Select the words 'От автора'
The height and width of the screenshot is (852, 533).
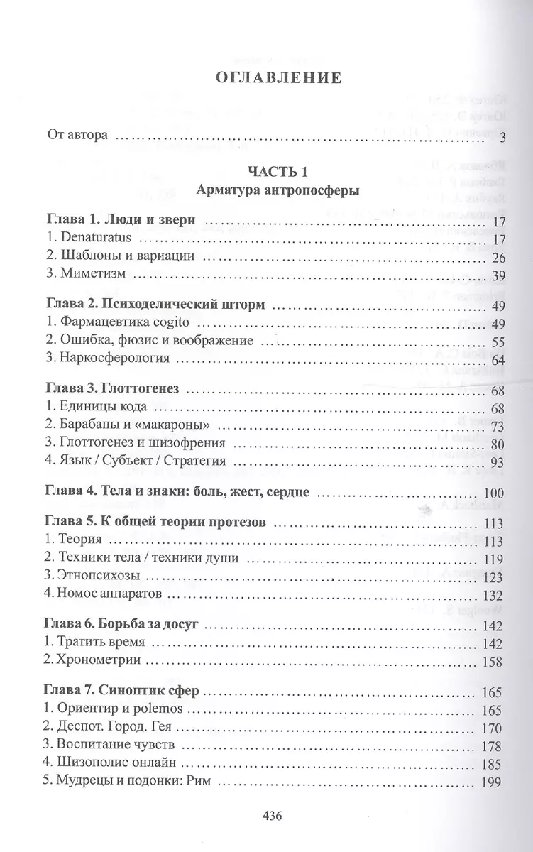tap(77, 136)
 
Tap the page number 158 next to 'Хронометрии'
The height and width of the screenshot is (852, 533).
tap(492, 661)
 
